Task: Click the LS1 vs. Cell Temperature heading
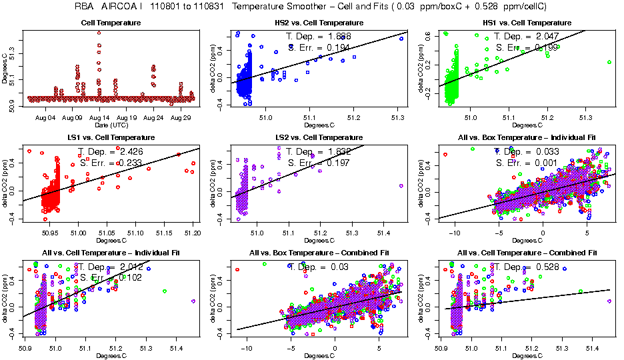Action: (x=104, y=138)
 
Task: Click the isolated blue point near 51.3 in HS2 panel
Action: (x=401, y=39)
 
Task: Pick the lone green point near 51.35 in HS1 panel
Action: (x=609, y=62)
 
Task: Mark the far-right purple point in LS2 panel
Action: (x=400, y=186)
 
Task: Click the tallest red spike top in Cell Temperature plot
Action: (x=99, y=32)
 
